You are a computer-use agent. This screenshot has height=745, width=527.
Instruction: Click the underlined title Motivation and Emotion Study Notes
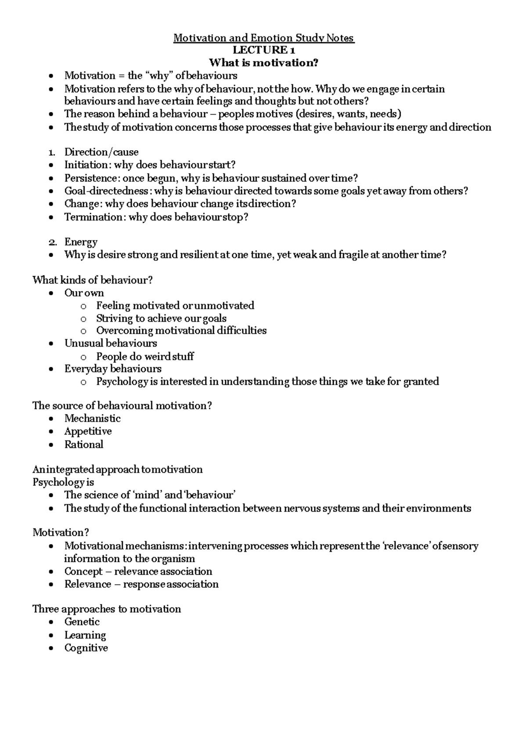coord(263,38)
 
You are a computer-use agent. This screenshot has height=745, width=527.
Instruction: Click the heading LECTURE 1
coord(263,51)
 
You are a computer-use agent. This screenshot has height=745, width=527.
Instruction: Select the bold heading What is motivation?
coord(263,63)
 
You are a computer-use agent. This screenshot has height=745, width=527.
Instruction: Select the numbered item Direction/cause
coord(101,152)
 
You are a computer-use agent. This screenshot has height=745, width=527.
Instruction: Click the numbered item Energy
coord(81,242)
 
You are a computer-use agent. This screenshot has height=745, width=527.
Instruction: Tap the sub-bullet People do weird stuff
coord(145,356)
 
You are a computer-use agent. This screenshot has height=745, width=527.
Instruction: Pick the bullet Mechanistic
coord(92,419)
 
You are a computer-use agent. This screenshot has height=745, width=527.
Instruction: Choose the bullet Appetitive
coord(88,431)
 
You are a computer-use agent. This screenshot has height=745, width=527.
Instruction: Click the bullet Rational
coord(83,445)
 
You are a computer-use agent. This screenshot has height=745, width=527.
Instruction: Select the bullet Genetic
coord(82,622)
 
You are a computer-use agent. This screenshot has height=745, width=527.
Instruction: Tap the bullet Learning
coord(85,635)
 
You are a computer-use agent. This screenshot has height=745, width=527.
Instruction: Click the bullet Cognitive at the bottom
coord(86,648)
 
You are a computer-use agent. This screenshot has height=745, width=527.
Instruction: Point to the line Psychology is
coord(63,482)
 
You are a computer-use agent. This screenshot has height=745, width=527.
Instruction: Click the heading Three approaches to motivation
coord(107,609)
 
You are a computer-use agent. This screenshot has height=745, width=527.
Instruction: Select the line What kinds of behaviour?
coord(92,280)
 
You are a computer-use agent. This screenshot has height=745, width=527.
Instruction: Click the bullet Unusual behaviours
coord(111,344)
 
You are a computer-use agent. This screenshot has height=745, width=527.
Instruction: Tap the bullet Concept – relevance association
coord(138,571)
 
